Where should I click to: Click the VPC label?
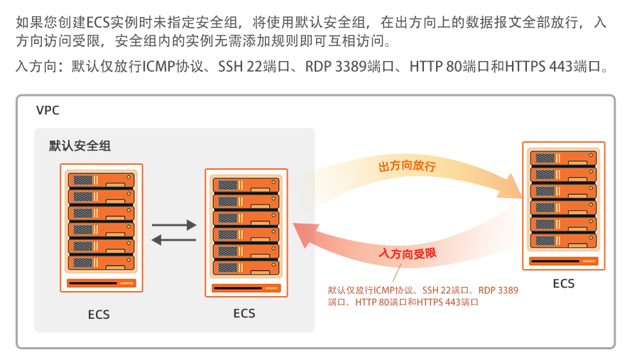(48, 110)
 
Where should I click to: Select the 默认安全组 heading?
(80, 146)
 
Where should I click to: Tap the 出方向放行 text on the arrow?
(407, 165)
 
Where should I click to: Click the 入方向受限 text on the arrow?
(408, 253)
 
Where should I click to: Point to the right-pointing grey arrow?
(174, 225)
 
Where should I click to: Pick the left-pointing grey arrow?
(174, 240)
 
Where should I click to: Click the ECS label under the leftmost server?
(99, 315)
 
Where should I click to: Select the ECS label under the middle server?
(244, 313)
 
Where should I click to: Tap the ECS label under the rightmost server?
(564, 283)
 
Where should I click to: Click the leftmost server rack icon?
(102, 228)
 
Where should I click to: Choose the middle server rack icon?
(246, 233)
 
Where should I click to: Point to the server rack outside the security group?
(564, 206)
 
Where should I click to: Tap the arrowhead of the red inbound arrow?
(306, 236)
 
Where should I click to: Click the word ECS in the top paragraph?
(98, 23)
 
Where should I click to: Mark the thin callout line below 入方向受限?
(397, 273)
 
